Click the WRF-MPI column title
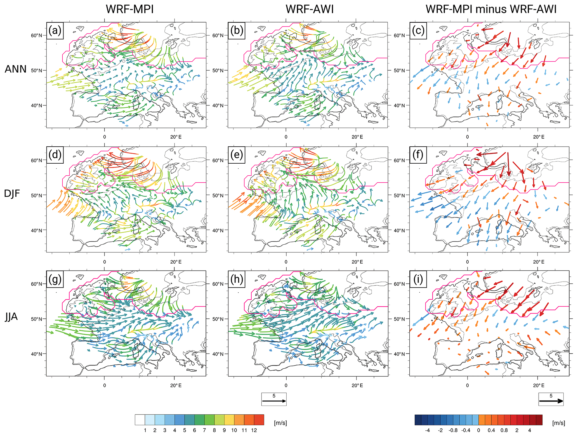coord(129,9)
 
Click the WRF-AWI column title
coord(310,9)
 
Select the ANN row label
coord(15,69)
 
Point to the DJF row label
coord(12,193)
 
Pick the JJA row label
coord(11,317)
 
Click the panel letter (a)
coord(55,30)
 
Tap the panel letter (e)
coord(237,155)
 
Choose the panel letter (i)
coord(418,279)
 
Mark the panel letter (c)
coord(418,30)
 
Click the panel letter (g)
coord(55,279)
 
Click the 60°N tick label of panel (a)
coord(37,35)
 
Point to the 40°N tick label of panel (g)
coord(37,354)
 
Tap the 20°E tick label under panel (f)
coord(539,262)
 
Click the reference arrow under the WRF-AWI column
coord(274,401)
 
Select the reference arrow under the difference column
coord(551,401)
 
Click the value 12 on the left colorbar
coord(254,430)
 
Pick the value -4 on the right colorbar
coord(428,430)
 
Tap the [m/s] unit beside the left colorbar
coord(280,423)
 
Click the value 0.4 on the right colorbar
coord(491,430)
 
